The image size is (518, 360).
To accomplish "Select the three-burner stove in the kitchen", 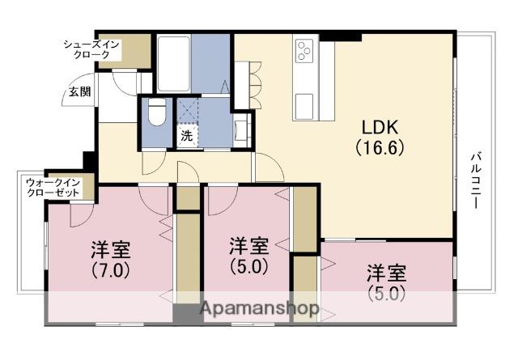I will click(306, 50).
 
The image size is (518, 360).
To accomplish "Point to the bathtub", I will click(172, 62).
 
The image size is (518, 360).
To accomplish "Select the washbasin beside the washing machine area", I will click(240, 129).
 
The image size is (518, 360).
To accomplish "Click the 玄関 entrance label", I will click(79, 91).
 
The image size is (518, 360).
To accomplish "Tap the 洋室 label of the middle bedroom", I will click(248, 244).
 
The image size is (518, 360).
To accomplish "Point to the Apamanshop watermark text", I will click(258, 309).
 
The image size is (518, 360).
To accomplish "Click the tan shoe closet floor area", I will click(137, 51).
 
